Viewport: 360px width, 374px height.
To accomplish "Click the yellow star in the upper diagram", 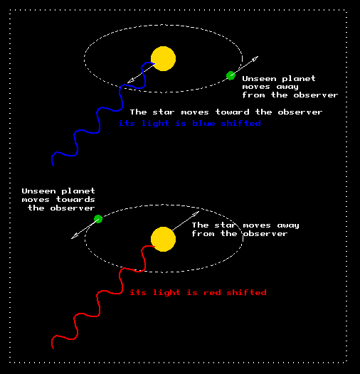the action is pos(164,59).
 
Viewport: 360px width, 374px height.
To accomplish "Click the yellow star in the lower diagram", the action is pos(164,239).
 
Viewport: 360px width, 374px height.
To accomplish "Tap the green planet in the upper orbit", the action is pos(231,75).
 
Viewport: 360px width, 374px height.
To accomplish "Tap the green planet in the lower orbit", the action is pos(98,219).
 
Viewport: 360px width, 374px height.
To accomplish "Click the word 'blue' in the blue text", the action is pos(203,123).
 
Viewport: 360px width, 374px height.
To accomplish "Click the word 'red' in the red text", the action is pos(212,292).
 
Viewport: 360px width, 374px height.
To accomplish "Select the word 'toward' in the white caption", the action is pos(232,112).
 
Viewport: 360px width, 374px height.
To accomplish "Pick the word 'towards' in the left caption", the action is pos(75,199).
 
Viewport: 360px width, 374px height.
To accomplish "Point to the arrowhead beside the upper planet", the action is pos(255,58).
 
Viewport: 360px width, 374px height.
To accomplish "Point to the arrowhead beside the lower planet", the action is pos(74,237).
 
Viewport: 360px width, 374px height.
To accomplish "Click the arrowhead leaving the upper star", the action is pos(130,81).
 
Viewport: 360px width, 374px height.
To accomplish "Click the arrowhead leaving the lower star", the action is pos(196,213).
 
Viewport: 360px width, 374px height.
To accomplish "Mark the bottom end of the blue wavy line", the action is pos(53,165).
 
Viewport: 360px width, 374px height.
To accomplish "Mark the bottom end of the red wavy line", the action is pos(53,348).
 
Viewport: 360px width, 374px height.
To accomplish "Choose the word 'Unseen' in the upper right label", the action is pos(259,78).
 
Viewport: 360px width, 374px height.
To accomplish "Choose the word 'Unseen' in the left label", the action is pos(38,191).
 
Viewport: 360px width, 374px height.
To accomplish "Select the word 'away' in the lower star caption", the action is pos(288,225).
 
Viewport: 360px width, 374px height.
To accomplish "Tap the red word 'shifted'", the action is pos(246,292).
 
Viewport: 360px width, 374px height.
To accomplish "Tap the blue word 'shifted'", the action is pos(240,123).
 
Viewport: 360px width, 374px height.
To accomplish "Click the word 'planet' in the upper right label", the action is pos(299,79).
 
